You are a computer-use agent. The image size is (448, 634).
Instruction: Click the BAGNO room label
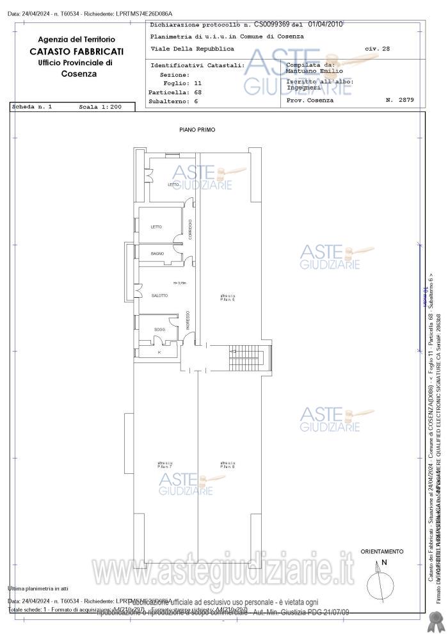click(x=157, y=254)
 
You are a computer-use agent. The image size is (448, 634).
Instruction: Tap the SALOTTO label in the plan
click(x=159, y=295)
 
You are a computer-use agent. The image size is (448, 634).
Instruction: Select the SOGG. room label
click(x=159, y=330)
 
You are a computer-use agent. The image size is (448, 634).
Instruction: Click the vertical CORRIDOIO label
click(x=190, y=229)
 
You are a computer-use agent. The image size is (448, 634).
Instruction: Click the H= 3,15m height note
click(x=179, y=282)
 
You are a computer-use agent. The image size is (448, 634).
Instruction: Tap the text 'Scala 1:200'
click(x=100, y=107)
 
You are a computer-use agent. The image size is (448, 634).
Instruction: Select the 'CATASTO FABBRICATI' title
click(x=76, y=51)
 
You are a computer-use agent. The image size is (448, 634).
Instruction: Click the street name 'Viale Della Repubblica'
click(x=193, y=49)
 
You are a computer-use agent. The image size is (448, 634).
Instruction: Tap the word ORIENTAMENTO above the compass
click(x=381, y=551)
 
